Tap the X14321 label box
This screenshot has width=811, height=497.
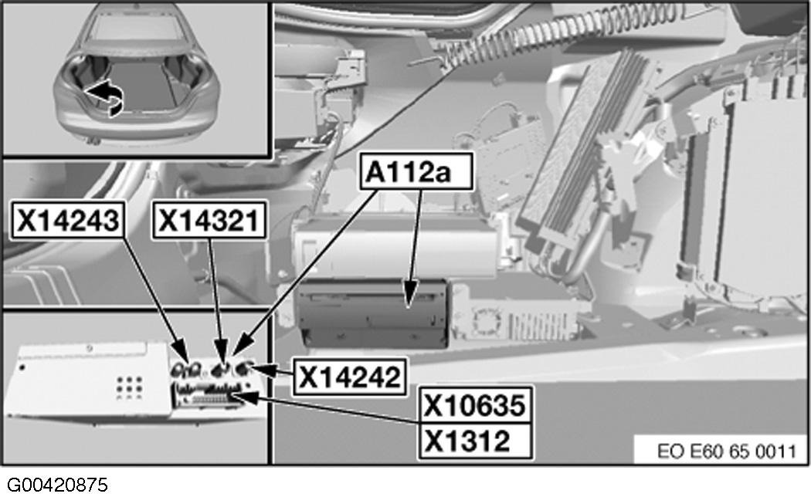tap(209, 221)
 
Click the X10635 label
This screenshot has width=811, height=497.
tap(476, 405)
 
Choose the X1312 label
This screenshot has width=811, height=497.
tap(468, 441)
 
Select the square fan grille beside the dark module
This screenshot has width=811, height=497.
tap(485, 319)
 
